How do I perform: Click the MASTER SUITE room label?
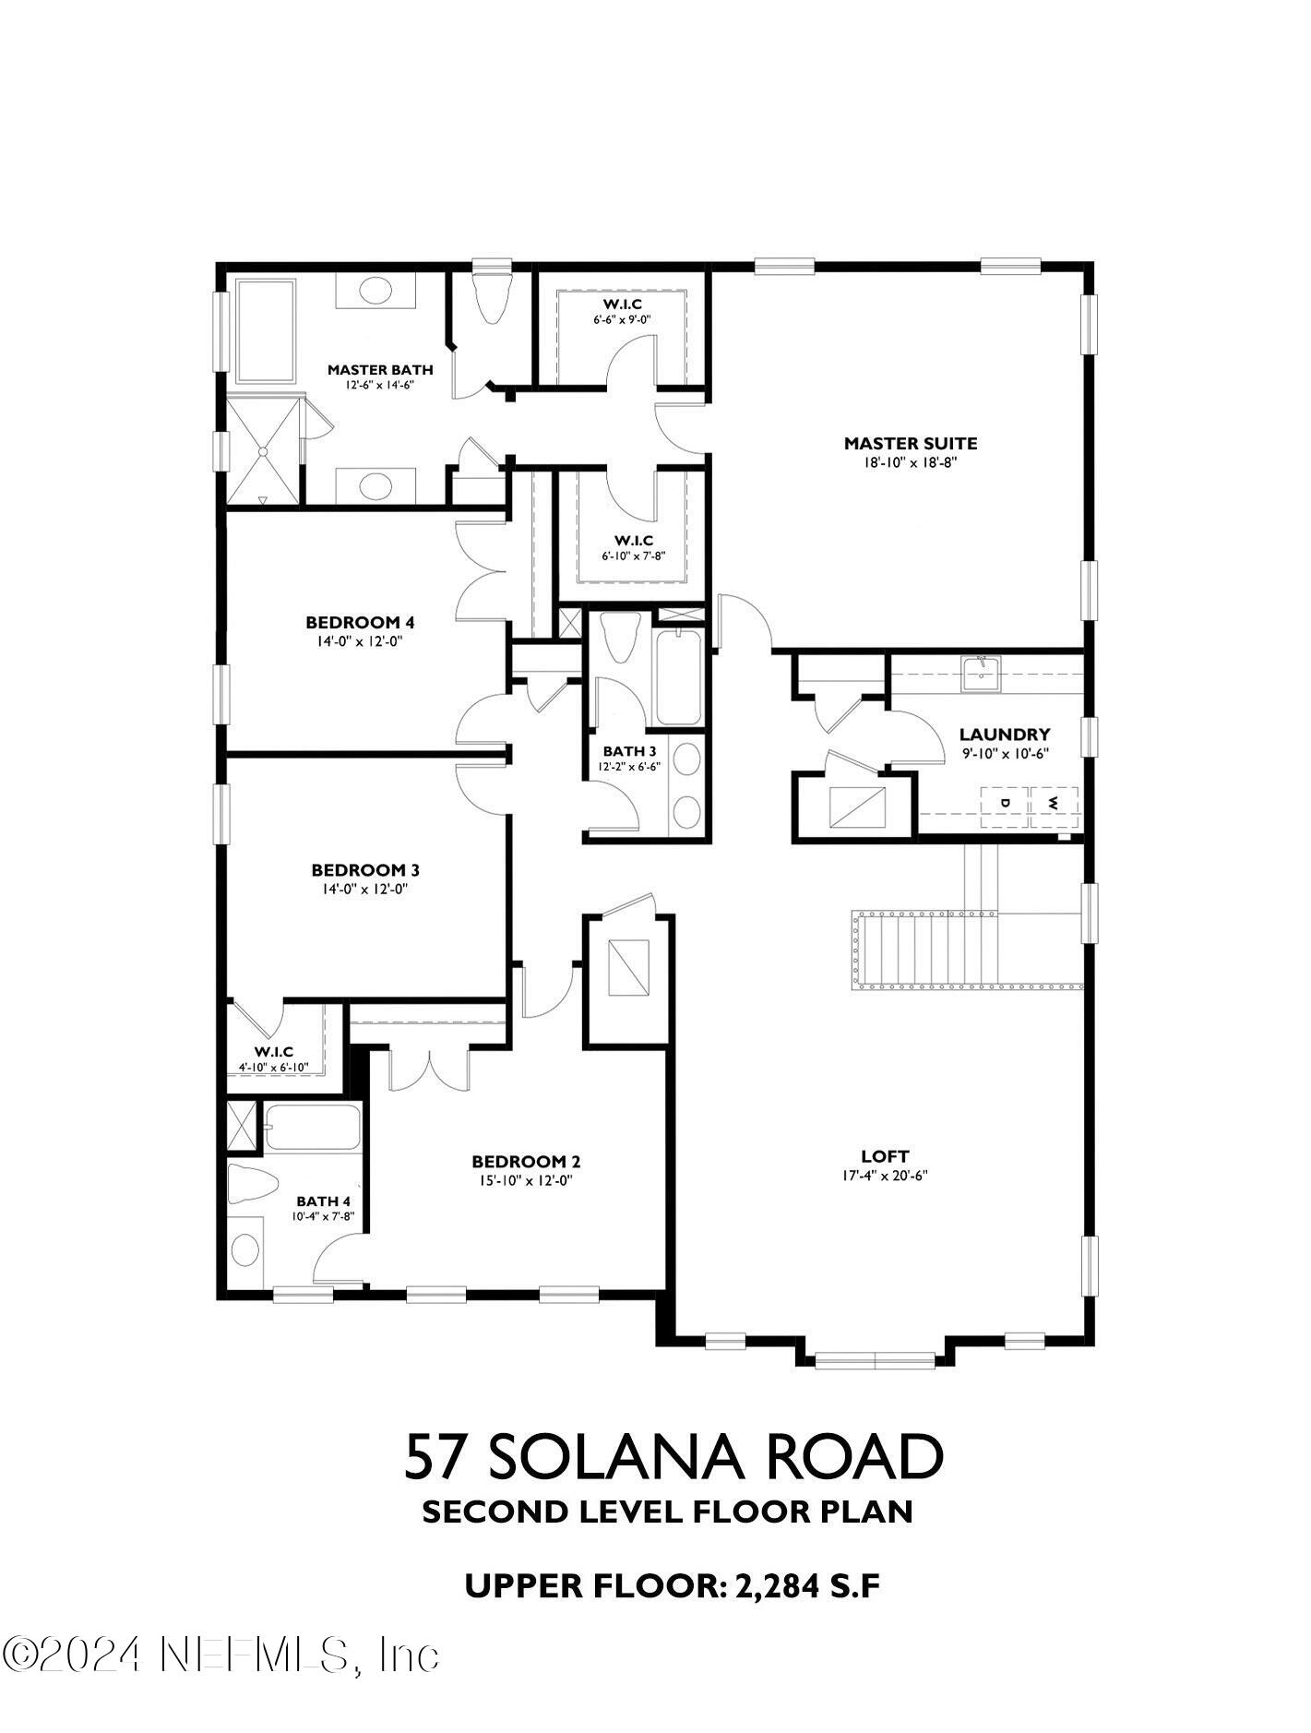tap(910, 443)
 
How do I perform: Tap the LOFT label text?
tap(885, 1155)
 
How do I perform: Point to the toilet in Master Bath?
tap(491, 298)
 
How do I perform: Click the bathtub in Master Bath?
tap(267, 331)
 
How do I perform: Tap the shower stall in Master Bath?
tap(264, 451)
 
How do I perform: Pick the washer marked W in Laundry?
tap(1053, 802)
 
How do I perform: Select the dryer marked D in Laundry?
tap(1006, 802)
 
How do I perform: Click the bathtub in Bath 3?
tap(679, 676)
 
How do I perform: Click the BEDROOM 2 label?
tap(526, 1161)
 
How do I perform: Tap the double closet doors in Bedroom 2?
tap(430, 1069)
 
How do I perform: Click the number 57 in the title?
tap(435, 1457)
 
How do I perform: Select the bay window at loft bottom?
tap(875, 1357)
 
